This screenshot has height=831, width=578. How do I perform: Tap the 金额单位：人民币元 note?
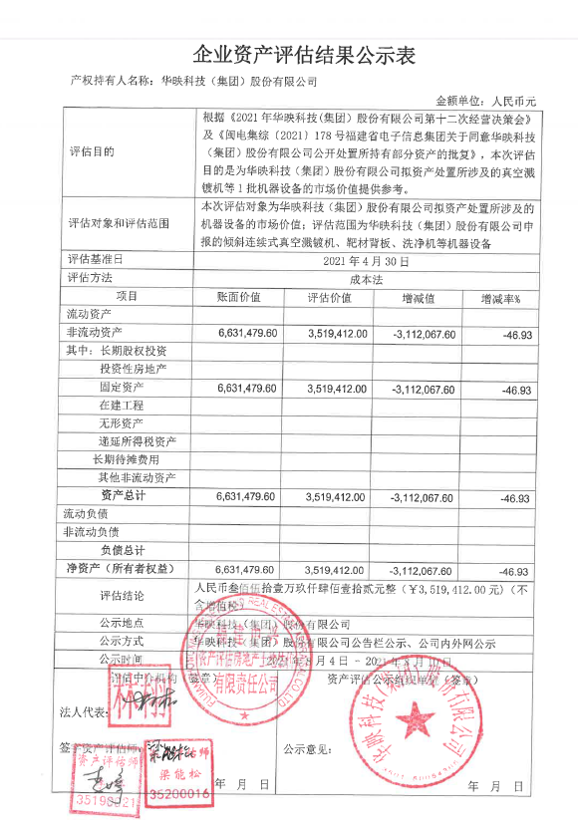pyautogui.click(x=486, y=101)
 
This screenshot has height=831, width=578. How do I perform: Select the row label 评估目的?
pyautogui.click(x=93, y=152)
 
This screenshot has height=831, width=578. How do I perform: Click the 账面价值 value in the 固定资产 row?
pyautogui.click(x=245, y=389)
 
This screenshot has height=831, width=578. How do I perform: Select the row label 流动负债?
pyautogui.click(x=86, y=514)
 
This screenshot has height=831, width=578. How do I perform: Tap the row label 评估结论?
pyautogui.click(x=122, y=596)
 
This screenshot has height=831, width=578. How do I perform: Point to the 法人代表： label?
pyautogui.click(x=80, y=713)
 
